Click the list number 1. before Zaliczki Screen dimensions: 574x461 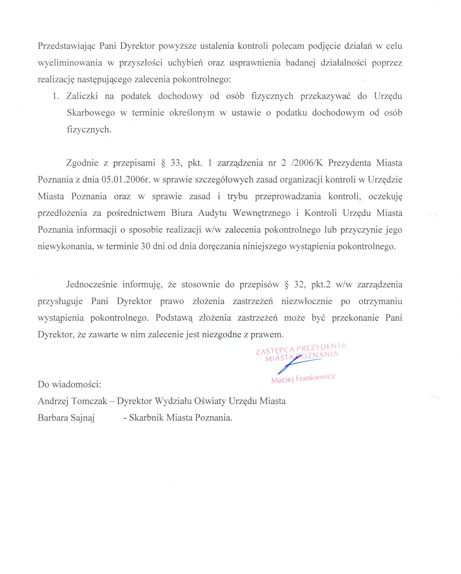click(56, 96)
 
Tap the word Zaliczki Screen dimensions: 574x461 click(82, 96)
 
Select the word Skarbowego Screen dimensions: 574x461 click(91, 113)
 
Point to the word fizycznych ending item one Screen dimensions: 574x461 click(89, 130)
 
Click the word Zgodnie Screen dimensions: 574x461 click(82, 163)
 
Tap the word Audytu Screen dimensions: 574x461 click(212, 213)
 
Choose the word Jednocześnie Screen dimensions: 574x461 click(92, 284)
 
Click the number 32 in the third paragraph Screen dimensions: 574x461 click(299, 284)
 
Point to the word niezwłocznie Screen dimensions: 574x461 click(307, 301)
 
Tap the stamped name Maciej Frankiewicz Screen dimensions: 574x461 click(303, 378)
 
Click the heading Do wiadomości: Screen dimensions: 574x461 click(69, 384)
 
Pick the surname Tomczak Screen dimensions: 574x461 click(89, 401)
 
